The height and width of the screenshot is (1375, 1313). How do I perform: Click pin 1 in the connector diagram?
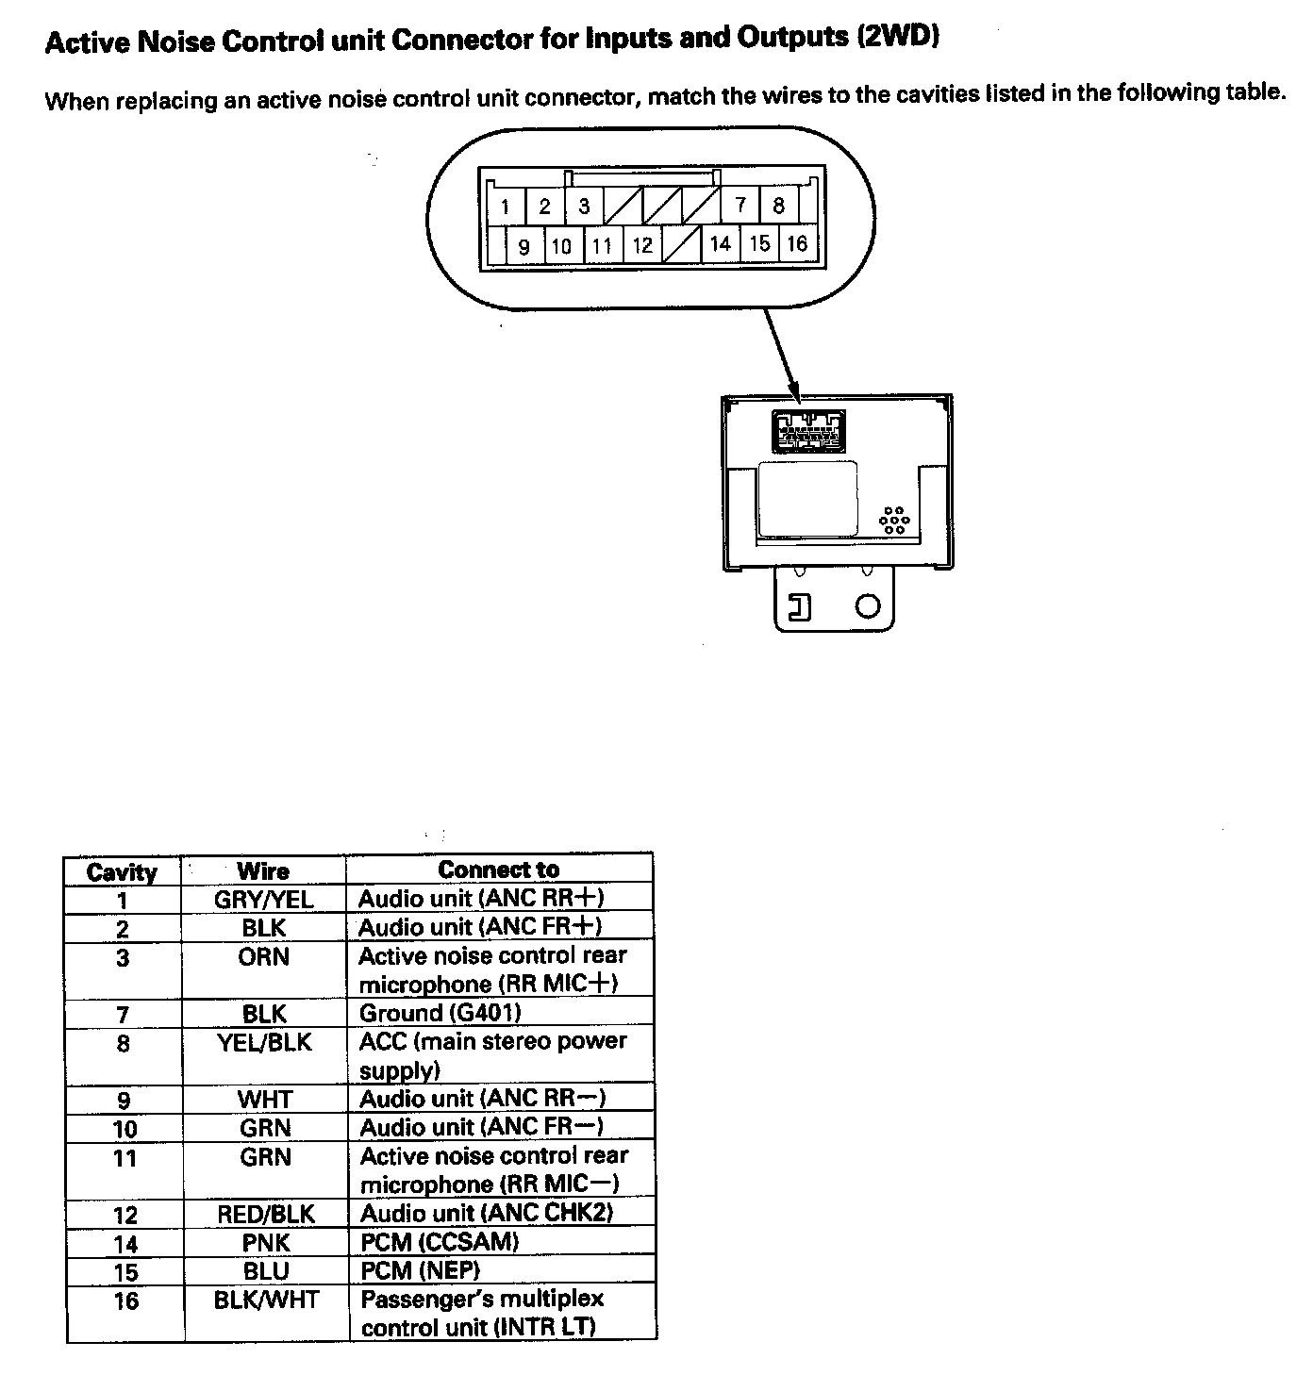506,207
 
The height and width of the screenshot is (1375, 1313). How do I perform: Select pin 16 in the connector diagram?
797,243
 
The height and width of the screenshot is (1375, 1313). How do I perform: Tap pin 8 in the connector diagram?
779,205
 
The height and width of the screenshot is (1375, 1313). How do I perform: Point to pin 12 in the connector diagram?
642,245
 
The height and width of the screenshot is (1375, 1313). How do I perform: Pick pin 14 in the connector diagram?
721,243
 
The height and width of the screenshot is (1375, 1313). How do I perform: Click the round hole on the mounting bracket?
868,605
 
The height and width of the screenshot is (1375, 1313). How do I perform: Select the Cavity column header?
122,871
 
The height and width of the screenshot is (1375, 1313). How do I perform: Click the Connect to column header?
498,870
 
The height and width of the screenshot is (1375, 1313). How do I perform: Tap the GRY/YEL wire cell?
263,899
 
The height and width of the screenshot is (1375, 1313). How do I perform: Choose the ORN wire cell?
263,956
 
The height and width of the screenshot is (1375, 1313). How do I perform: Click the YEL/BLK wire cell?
264,1042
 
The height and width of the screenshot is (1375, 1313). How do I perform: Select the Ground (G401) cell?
440,1013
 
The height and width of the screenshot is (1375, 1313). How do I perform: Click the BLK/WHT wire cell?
266,1300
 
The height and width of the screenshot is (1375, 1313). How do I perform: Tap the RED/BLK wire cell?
266,1214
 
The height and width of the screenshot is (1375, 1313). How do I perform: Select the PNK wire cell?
266,1242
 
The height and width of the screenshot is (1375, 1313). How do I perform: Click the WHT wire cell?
265,1099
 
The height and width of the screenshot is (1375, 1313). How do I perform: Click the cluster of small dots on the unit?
892,521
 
